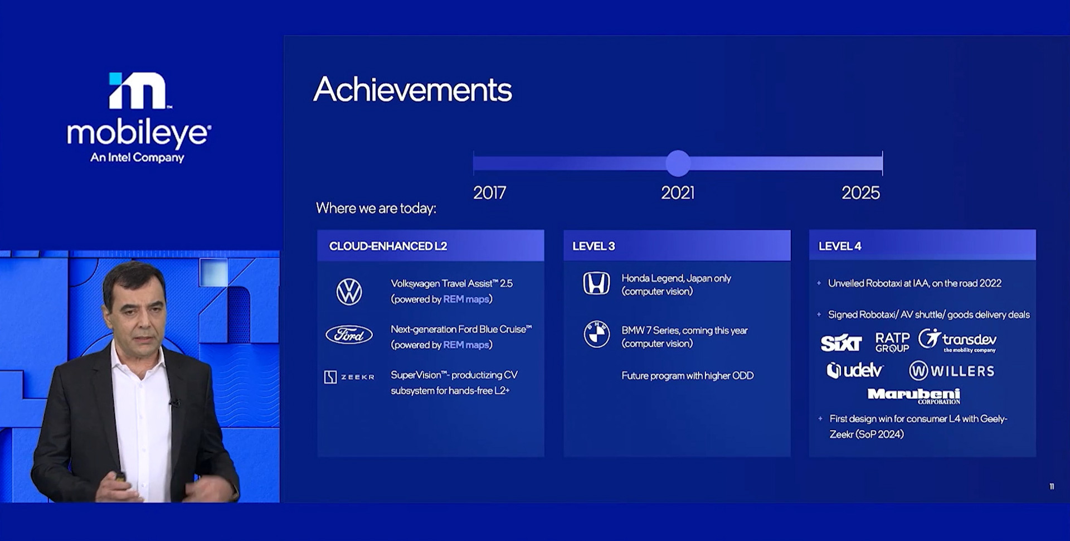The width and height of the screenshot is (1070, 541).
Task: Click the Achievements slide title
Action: [x=412, y=89]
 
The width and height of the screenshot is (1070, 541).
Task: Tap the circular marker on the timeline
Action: [x=678, y=163]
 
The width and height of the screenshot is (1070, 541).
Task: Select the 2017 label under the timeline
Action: [x=489, y=193]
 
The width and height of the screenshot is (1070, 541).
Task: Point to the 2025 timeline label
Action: [x=860, y=193]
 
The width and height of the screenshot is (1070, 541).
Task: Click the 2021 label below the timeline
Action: [x=678, y=193]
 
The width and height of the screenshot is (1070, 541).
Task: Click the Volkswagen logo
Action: [x=349, y=292]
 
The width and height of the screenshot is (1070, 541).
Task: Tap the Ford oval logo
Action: [x=349, y=335]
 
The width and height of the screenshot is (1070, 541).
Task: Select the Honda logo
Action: [x=596, y=283]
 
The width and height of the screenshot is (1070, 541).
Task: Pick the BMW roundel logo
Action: [x=596, y=334]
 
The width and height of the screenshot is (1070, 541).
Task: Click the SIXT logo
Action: [x=841, y=342]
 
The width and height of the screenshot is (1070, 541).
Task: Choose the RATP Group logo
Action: [x=892, y=342]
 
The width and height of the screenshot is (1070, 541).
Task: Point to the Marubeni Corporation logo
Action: [x=914, y=395]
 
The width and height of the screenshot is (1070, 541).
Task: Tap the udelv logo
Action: [x=855, y=370]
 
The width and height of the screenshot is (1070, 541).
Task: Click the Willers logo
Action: [x=952, y=370]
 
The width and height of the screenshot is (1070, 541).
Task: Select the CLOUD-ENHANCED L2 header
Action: [x=388, y=246]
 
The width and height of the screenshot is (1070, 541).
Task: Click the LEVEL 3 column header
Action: [x=594, y=246]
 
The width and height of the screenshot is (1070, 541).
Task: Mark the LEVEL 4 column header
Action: [x=840, y=246]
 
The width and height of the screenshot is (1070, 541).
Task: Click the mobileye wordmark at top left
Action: [x=139, y=133]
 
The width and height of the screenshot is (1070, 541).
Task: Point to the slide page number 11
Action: [x=1052, y=486]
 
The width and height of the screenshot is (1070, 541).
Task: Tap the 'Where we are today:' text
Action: [x=376, y=209]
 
